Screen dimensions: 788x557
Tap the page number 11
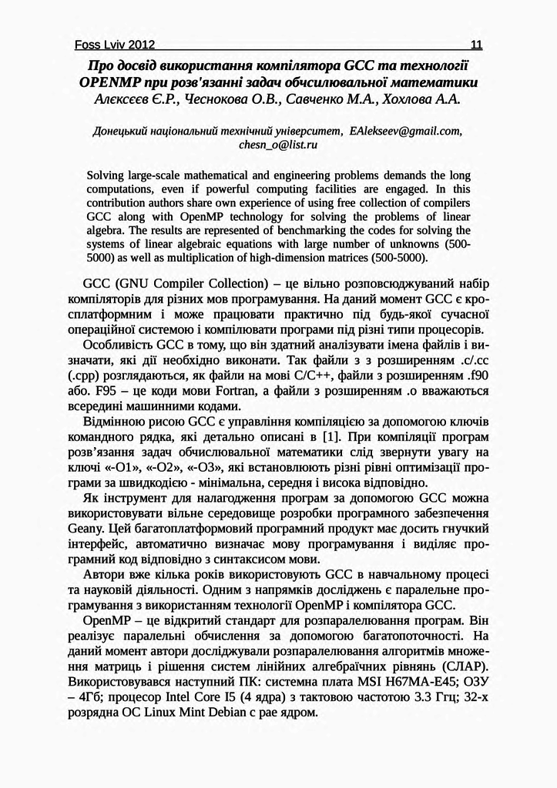(475, 45)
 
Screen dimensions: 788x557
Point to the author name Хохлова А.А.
(418, 98)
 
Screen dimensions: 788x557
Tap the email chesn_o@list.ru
(278, 144)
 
